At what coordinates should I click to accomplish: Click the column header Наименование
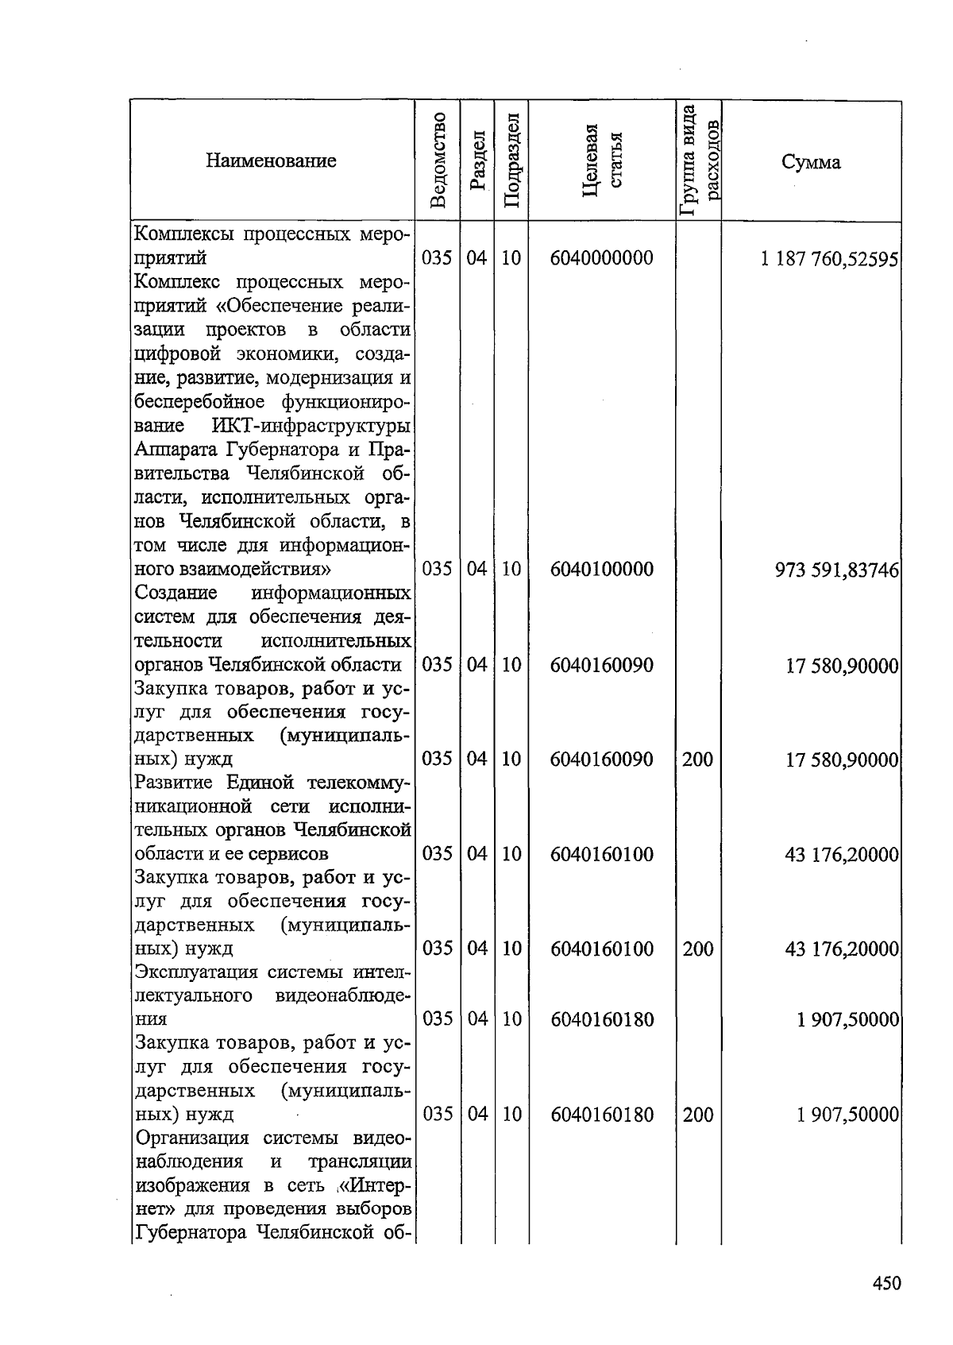click(x=271, y=161)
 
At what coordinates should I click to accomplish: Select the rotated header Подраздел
click(x=512, y=161)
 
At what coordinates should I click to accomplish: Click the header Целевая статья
click(x=601, y=160)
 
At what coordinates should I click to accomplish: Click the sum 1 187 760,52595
click(x=828, y=259)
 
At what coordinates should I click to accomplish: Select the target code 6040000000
click(x=601, y=258)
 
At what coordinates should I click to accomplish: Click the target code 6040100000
click(x=601, y=569)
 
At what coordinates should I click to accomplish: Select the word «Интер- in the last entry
click(x=375, y=1185)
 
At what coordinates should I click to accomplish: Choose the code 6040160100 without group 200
click(x=601, y=854)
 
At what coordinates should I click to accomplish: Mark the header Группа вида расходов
click(x=699, y=160)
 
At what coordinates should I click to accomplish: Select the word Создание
click(x=176, y=593)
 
